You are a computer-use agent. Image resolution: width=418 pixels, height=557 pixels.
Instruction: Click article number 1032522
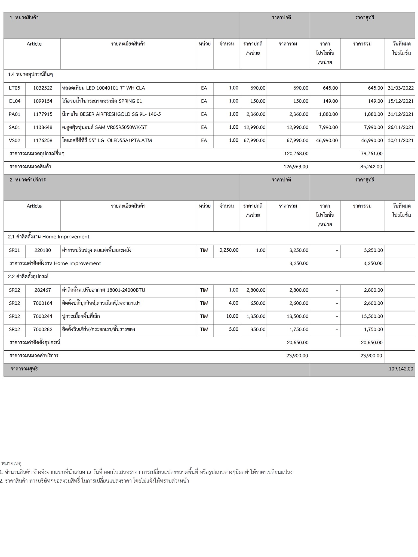click(43, 88)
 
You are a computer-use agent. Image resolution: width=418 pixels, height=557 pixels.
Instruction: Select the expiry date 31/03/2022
click(401, 88)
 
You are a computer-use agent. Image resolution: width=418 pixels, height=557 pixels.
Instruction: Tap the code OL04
click(14, 101)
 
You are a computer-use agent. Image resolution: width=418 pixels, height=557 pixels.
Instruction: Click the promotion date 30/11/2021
click(401, 141)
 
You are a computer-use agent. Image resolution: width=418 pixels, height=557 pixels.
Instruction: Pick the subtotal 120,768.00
click(296, 154)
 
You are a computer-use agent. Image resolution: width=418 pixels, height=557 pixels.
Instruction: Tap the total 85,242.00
click(371, 167)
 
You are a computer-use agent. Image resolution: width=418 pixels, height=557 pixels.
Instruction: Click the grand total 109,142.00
click(401, 369)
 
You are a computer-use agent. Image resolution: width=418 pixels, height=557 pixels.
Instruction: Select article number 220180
click(43, 250)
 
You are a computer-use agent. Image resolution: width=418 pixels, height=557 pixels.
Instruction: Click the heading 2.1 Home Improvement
click(49, 237)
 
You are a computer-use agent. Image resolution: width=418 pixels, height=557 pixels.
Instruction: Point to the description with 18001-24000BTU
click(104, 290)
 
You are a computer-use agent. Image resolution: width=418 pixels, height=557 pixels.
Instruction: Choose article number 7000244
click(43, 316)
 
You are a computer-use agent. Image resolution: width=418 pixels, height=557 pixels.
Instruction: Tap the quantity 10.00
click(232, 316)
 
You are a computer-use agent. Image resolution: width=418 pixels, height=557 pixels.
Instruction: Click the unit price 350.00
click(258, 330)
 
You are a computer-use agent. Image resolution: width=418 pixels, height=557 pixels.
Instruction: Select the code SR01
click(14, 250)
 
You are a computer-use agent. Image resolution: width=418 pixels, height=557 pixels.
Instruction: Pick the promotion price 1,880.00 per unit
click(328, 114)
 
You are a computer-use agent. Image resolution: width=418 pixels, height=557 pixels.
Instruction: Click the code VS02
click(14, 141)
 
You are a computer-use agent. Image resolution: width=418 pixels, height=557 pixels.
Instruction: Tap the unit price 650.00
click(258, 303)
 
